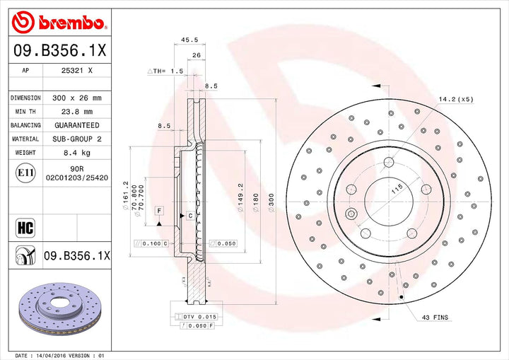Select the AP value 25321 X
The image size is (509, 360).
tap(78, 71)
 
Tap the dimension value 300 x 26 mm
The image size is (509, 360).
tap(78, 98)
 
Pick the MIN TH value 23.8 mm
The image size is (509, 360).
tap(78, 111)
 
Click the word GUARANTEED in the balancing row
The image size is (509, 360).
tap(78, 124)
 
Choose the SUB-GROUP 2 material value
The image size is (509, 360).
tap(78, 139)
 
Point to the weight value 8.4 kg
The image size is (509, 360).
tap(78, 153)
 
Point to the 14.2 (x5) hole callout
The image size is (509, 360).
tap(457, 99)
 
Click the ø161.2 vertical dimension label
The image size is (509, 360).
tap(125, 192)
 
